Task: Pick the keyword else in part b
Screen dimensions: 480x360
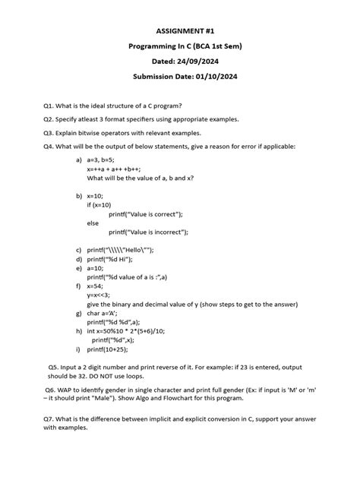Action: coord(93,223)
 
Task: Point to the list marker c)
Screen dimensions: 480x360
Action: coord(78,250)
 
